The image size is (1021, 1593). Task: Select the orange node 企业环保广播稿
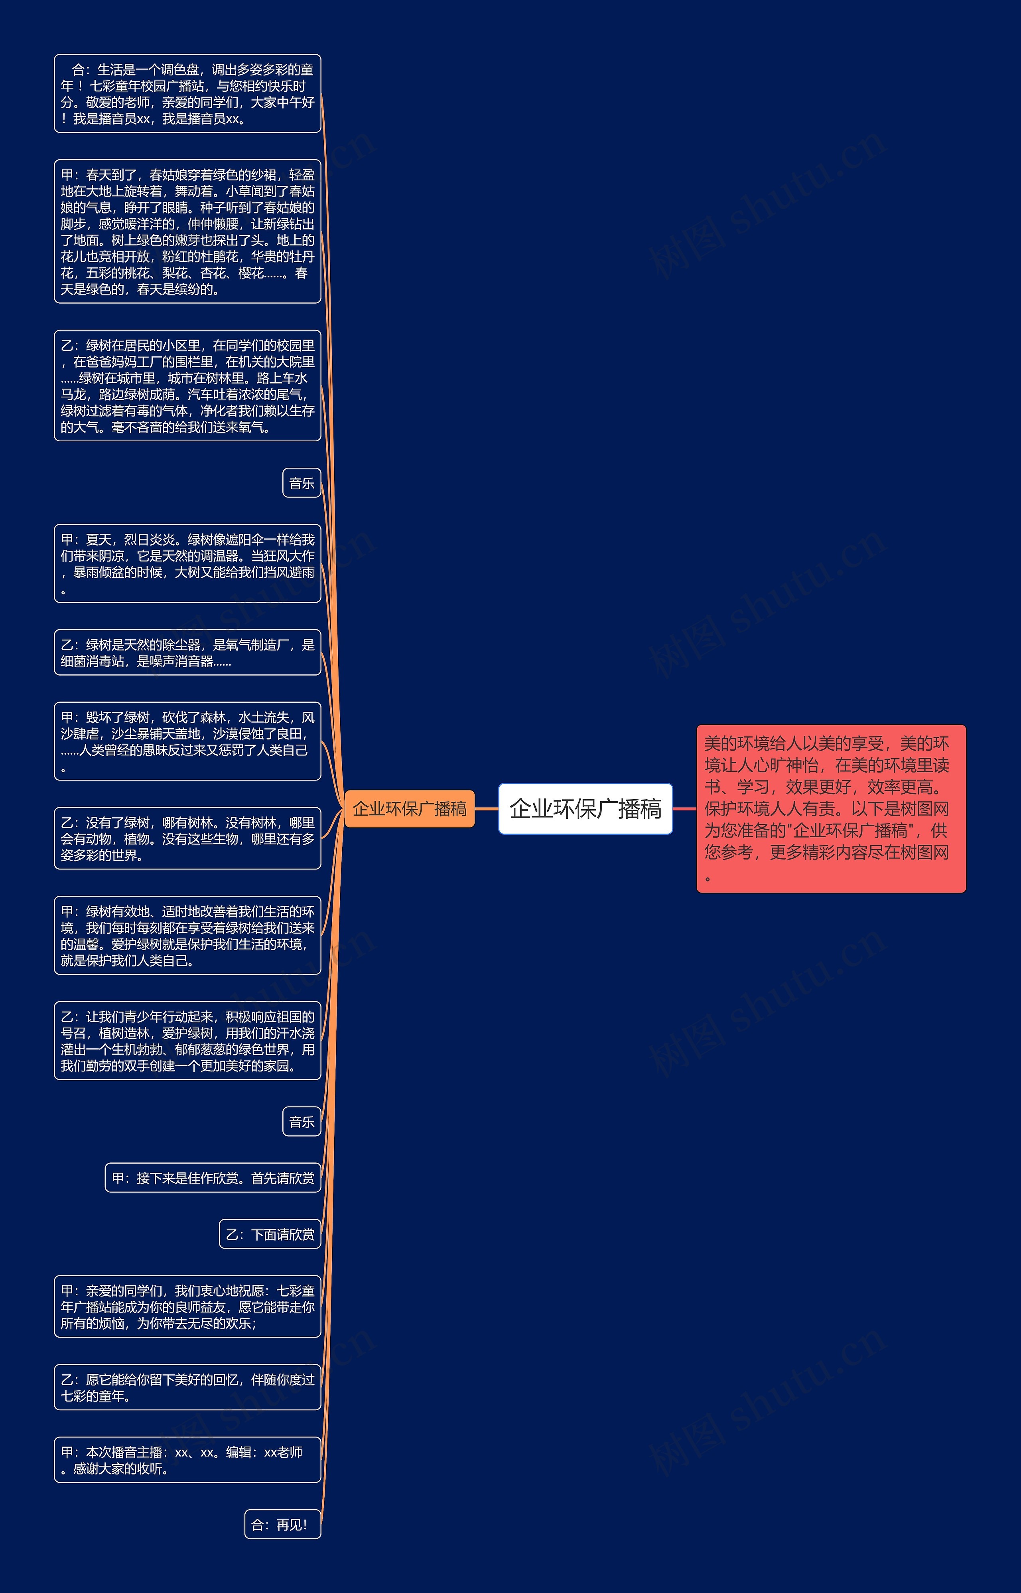(409, 808)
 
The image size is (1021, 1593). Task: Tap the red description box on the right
(831, 808)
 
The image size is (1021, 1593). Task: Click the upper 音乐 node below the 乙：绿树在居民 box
(302, 483)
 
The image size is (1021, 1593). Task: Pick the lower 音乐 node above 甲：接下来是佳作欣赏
(302, 1121)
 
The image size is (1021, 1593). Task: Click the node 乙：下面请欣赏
(270, 1234)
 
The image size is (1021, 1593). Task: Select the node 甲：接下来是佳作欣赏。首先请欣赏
(213, 1178)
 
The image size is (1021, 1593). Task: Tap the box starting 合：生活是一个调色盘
(187, 93)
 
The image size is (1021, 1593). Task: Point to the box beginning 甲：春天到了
(187, 231)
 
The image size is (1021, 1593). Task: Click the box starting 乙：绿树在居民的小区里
(187, 386)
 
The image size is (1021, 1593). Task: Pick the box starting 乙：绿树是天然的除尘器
(187, 652)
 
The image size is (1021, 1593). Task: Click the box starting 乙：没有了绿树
(187, 838)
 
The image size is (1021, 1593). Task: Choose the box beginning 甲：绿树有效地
(187, 935)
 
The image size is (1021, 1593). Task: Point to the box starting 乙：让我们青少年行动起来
(187, 1041)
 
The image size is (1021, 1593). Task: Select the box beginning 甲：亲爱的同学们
(187, 1306)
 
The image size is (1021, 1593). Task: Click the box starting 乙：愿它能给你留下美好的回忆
(187, 1387)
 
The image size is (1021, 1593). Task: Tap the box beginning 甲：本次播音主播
(187, 1460)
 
